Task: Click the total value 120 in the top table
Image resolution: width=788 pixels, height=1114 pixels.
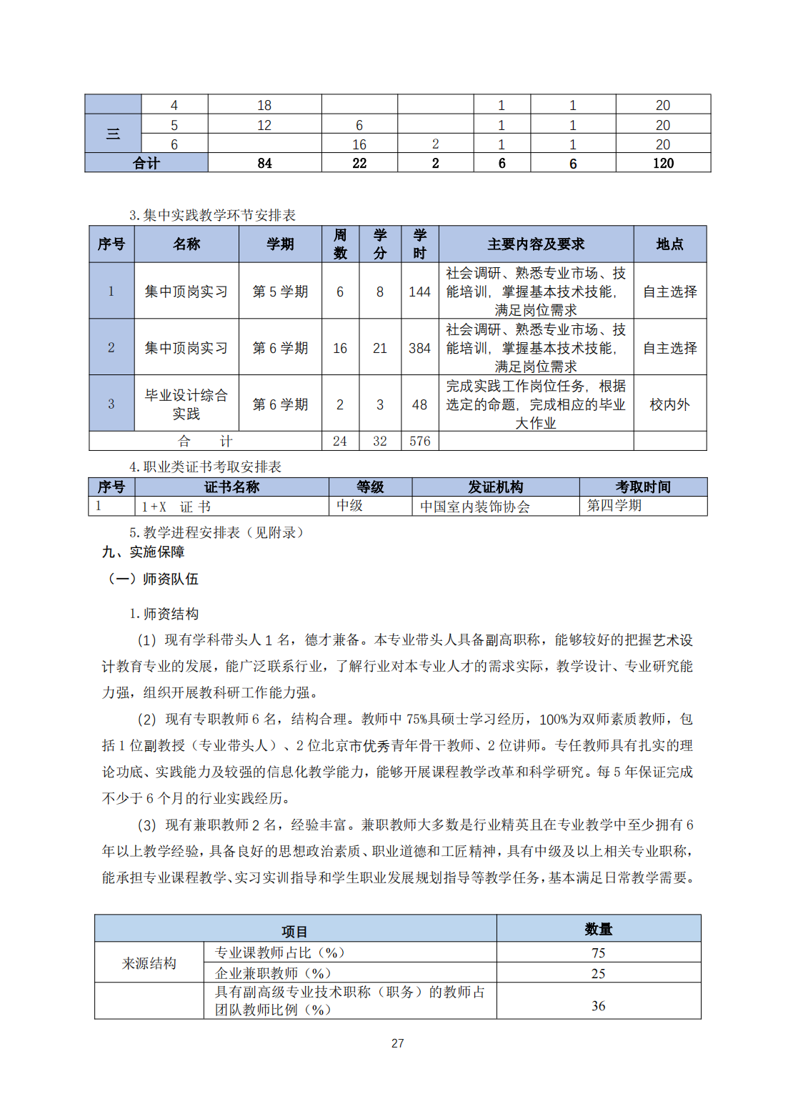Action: [663, 164]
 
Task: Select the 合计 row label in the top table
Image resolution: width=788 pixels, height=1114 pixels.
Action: [146, 164]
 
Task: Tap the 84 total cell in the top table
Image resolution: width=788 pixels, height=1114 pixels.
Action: [264, 164]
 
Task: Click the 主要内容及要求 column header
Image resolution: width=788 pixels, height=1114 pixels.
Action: [536, 244]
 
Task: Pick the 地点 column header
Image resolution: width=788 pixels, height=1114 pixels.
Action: [669, 244]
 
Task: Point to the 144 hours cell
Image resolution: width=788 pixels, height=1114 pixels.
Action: [419, 292]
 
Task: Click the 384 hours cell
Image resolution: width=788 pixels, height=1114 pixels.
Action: [419, 348]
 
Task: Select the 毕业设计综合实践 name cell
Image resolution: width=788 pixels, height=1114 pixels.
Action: [186, 404]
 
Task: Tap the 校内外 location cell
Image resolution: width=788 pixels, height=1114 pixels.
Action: [669, 404]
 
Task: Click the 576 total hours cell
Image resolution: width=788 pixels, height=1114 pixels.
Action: [419, 442]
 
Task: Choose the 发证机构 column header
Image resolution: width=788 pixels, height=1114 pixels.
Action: [495, 487]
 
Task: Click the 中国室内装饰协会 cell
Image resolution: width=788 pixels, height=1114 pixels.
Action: [474, 507]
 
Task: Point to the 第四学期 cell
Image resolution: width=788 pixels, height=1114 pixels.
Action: [614, 506]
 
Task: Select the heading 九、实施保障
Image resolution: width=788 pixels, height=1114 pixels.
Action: [144, 552]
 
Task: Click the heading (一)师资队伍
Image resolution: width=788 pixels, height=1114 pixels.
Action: [152, 579]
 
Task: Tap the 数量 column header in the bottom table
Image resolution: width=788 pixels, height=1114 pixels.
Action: [598, 929]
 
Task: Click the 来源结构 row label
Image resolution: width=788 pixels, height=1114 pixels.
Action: [149, 963]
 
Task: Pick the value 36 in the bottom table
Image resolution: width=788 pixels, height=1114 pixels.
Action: [598, 1006]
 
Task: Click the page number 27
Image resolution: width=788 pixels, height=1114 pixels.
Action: [398, 1043]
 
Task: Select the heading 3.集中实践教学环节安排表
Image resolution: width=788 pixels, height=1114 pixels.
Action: [212, 215]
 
